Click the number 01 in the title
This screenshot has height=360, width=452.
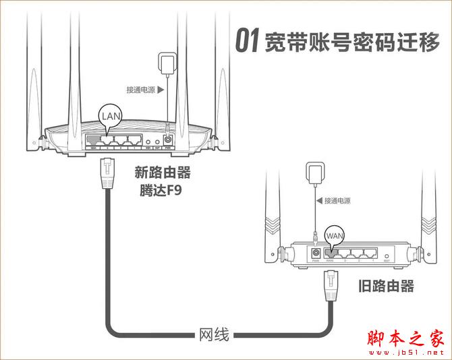pyautogui.click(x=246, y=41)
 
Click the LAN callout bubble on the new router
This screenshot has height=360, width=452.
pyautogui.click(x=111, y=116)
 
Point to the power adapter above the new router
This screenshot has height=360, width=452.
pyautogui.click(x=165, y=64)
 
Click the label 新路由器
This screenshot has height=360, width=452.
pyautogui.click(x=162, y=173)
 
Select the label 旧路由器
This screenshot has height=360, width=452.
pyautogui.click(x=386, y=286)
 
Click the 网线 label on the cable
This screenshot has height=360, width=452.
pyautogui.click(x=214, y=334)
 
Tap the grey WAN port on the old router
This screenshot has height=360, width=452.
pyautogui.click(x=330, y=253)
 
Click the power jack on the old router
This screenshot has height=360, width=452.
pyautogui.click(x=315, y=253)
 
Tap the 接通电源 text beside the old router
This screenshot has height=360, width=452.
pyautogui.click(x=337, y=200)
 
